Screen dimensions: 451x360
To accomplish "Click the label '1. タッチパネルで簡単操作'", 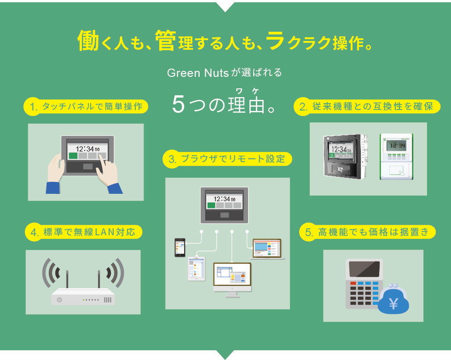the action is click(x=86, y=107).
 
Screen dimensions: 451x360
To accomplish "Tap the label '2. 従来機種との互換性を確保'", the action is click(x=367, y=106).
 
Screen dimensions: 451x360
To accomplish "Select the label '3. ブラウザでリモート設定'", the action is click(x=227, y=159).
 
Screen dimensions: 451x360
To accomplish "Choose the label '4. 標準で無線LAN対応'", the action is click(x=83, y=232).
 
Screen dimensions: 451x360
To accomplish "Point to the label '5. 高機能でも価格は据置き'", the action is click(x=367, y=232).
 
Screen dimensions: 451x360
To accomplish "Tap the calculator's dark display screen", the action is click(x=364, y=270).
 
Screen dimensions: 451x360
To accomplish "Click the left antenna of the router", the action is click(x=67, y=279).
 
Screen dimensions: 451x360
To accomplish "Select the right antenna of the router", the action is click(x=98, y=279).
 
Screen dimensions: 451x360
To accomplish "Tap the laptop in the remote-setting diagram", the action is click(x=267, y=249).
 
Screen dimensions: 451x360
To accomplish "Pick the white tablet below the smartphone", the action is click(x=197, y=269).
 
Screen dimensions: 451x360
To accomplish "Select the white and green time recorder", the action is click(x=396, y=157).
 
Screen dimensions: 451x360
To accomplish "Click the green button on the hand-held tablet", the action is click(x=73, y=156).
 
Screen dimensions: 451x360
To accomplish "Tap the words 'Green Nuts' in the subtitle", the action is click(x=198, y=73).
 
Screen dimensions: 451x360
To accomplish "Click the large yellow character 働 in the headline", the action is click(x=88, y=41).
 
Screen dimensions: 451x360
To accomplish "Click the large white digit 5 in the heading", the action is click(x=179, y=104).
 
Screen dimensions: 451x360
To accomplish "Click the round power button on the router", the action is click(x=59, y=300).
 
